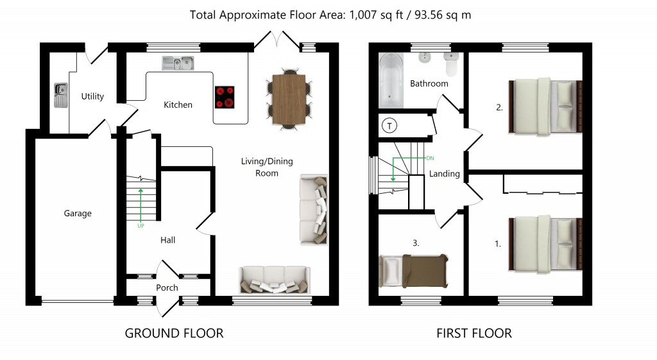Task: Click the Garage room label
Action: point(78,213)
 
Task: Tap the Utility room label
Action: point(92,96)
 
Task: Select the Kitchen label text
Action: point(178,105)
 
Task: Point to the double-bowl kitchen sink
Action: point(178,63)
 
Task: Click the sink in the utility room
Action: point(60,95)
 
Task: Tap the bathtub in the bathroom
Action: point(390,80)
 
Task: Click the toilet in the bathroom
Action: point(452,64)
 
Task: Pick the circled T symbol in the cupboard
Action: point(388,126)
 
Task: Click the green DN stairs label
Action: point(431,157)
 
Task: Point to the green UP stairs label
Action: point(141,226)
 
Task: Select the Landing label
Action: point(444,174)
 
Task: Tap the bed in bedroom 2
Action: point(545,107)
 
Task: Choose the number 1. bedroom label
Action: point(498,244)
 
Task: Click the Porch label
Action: point(167,287)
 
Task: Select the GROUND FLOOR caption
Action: point(174,333)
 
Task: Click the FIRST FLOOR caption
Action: point(474,333)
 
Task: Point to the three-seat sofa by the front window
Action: point(274,280)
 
